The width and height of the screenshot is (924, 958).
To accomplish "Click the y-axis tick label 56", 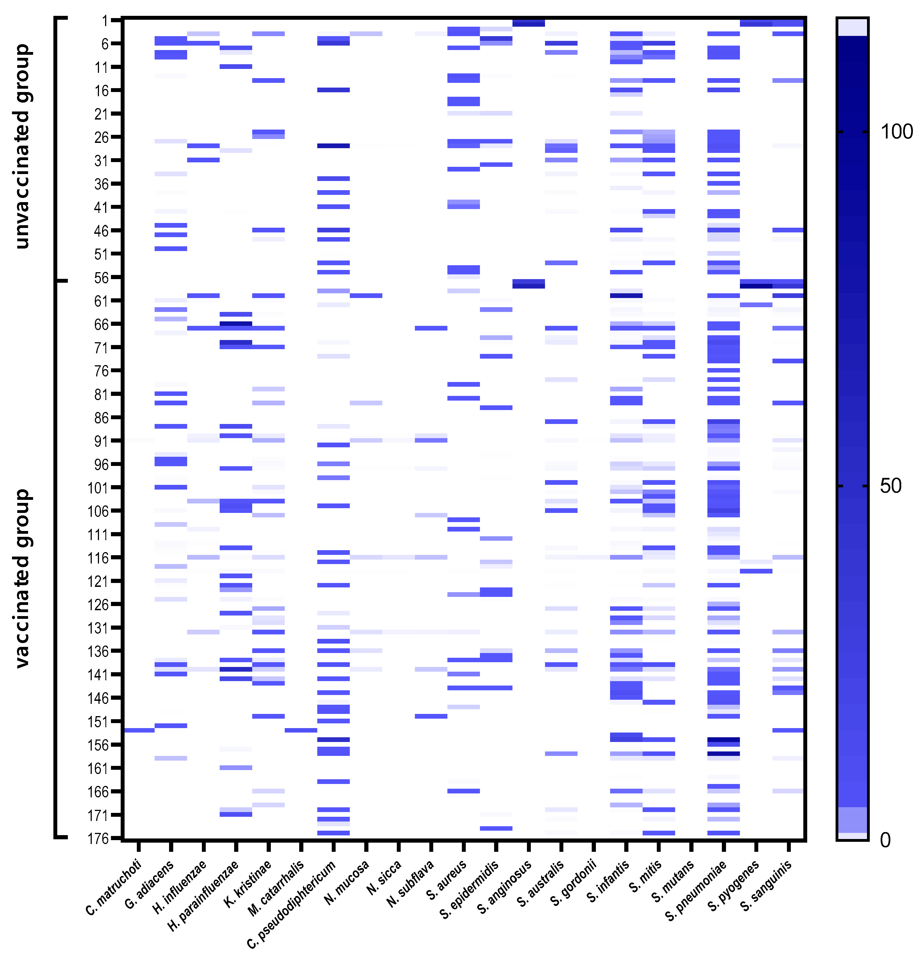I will tap(101, 278).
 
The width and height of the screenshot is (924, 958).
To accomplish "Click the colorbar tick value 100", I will tap(896, 132).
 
